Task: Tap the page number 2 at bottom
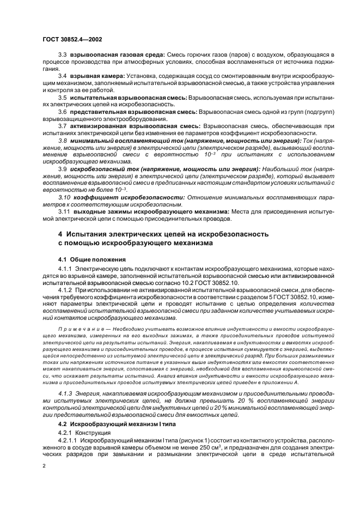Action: (44, 465)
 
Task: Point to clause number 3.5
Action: (63, 96)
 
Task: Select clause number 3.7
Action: (63, 126)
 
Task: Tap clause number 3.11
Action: (64, 211)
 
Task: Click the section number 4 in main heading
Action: (61, 234)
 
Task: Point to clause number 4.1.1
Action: (66, 269)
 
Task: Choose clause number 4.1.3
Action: (66, 393)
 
